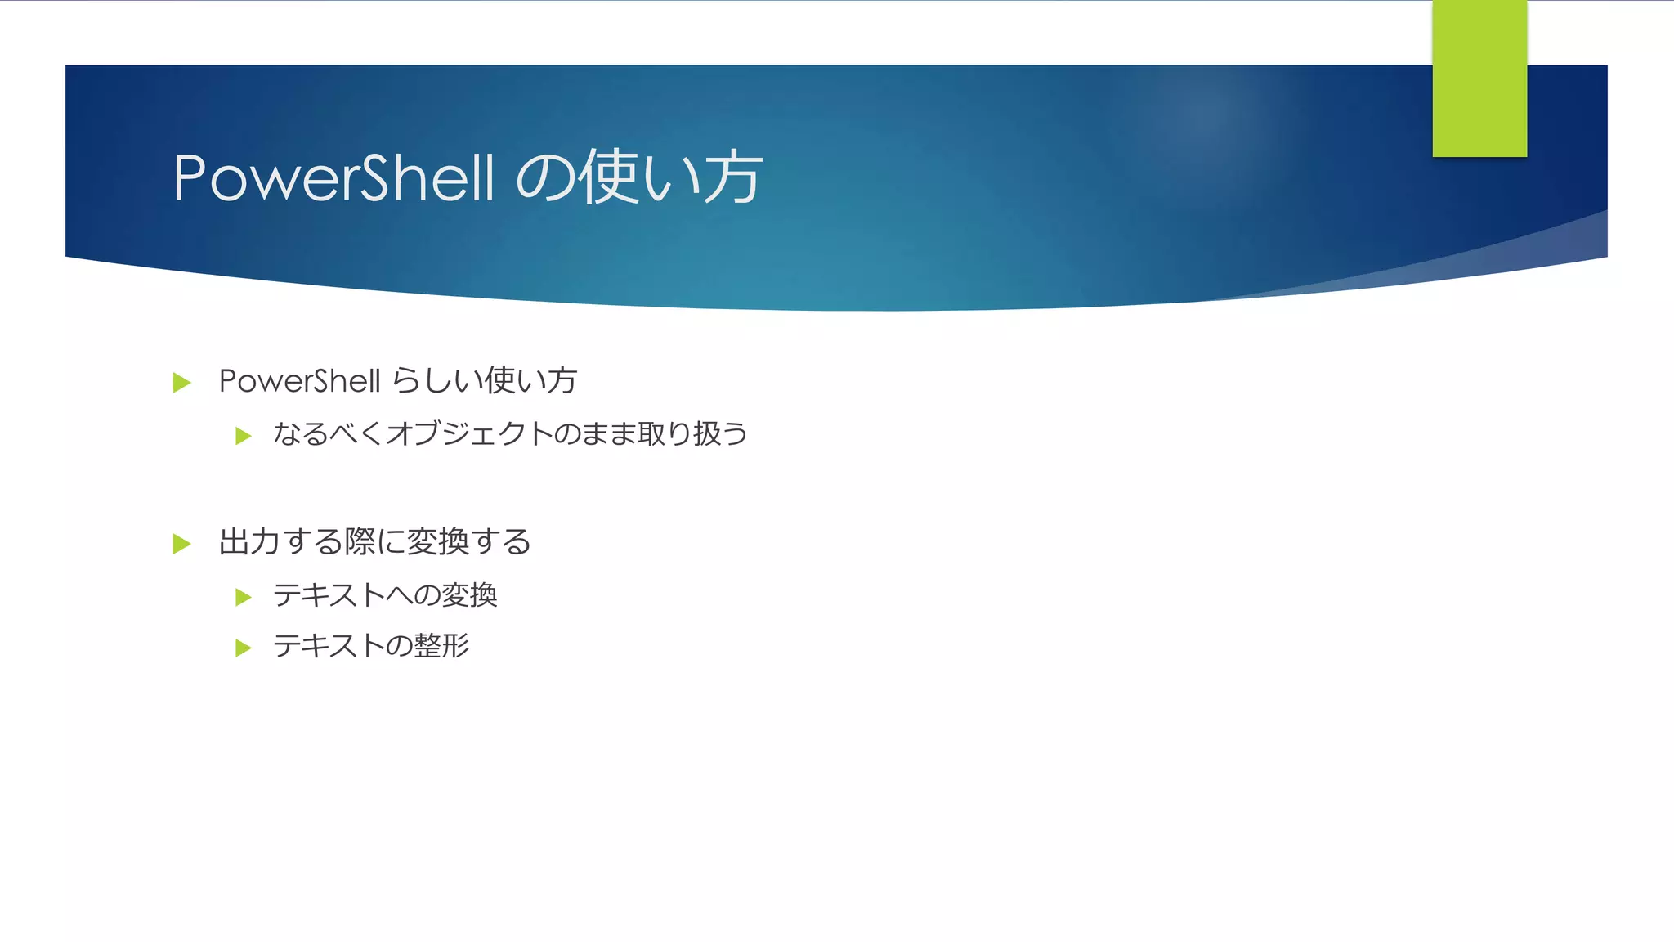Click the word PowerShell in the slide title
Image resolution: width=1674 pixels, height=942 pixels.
click(x=333, y=178)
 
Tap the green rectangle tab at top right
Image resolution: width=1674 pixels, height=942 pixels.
click(x=1479, y=78)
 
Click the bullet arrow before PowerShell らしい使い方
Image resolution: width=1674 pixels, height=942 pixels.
click(x=181, y=383)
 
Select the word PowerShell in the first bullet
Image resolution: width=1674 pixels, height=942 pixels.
click(x=299, y=381)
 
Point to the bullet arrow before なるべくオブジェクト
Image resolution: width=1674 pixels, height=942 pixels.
click(x=243, y=436)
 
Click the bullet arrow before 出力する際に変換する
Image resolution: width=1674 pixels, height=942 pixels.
click(x=181, y=544)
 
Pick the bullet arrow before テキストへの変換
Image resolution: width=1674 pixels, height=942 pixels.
click(x=243, y=597)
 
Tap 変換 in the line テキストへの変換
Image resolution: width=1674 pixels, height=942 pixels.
click(x=469, y=595)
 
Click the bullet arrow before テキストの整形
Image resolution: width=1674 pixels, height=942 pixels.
click(x=243, y=648)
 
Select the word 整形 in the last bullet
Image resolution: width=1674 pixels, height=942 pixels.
click(x=441, y=646)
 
